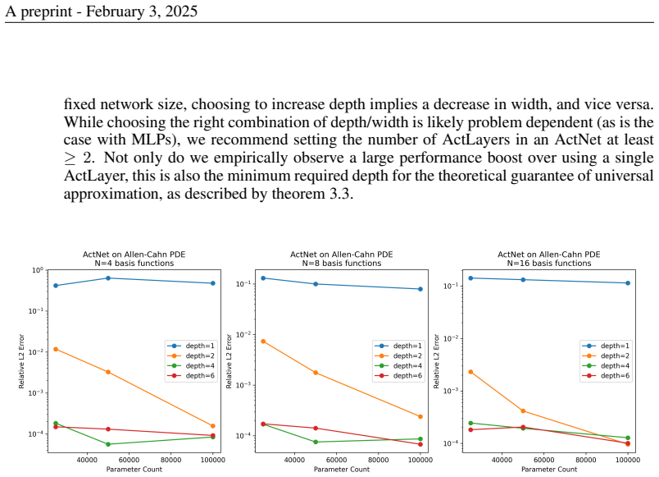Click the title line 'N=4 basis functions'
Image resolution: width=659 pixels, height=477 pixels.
pyautogui.click(x=134, y=263)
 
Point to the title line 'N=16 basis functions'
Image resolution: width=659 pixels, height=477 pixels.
pyautogui.click(x=549, y=263)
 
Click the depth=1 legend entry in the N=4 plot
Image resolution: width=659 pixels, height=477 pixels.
pyautogui.click(x=191, y=346)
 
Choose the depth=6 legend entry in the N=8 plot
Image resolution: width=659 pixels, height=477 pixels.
pyautogui.click(x=398, y=375)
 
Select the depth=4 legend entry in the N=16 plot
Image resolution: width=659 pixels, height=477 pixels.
pyautogui.click(x=606, y=366)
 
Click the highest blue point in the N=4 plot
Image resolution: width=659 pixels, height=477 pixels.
pyautogui.click(x=108, y=278)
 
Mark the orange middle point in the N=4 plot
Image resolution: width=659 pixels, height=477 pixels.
pyautogui.click(x=108, y=372)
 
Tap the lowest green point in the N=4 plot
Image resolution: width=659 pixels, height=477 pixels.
pyautogui.click(x=108, y=444)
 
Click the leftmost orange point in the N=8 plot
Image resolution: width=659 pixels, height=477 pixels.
pyautogui.click(x=263, y=342)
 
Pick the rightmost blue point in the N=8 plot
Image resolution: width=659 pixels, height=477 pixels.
pyautogui.click(x=420, y=289)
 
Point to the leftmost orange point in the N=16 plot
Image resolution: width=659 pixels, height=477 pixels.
pyautogui.click(x=470, y=372)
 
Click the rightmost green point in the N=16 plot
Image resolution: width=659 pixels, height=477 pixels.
pyautogui.click(x=628, y=438)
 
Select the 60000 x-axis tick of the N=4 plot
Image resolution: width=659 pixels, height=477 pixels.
pyautogui.click(x=129, y=460)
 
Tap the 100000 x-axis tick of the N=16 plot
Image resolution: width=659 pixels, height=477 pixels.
pyautogui.click(x=628, y=460)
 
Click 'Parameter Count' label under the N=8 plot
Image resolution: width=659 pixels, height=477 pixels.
pyautogui.click(x=342, y=470)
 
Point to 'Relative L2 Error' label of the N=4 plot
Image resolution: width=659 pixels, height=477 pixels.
pyautogui.click(x=21, y=361)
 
